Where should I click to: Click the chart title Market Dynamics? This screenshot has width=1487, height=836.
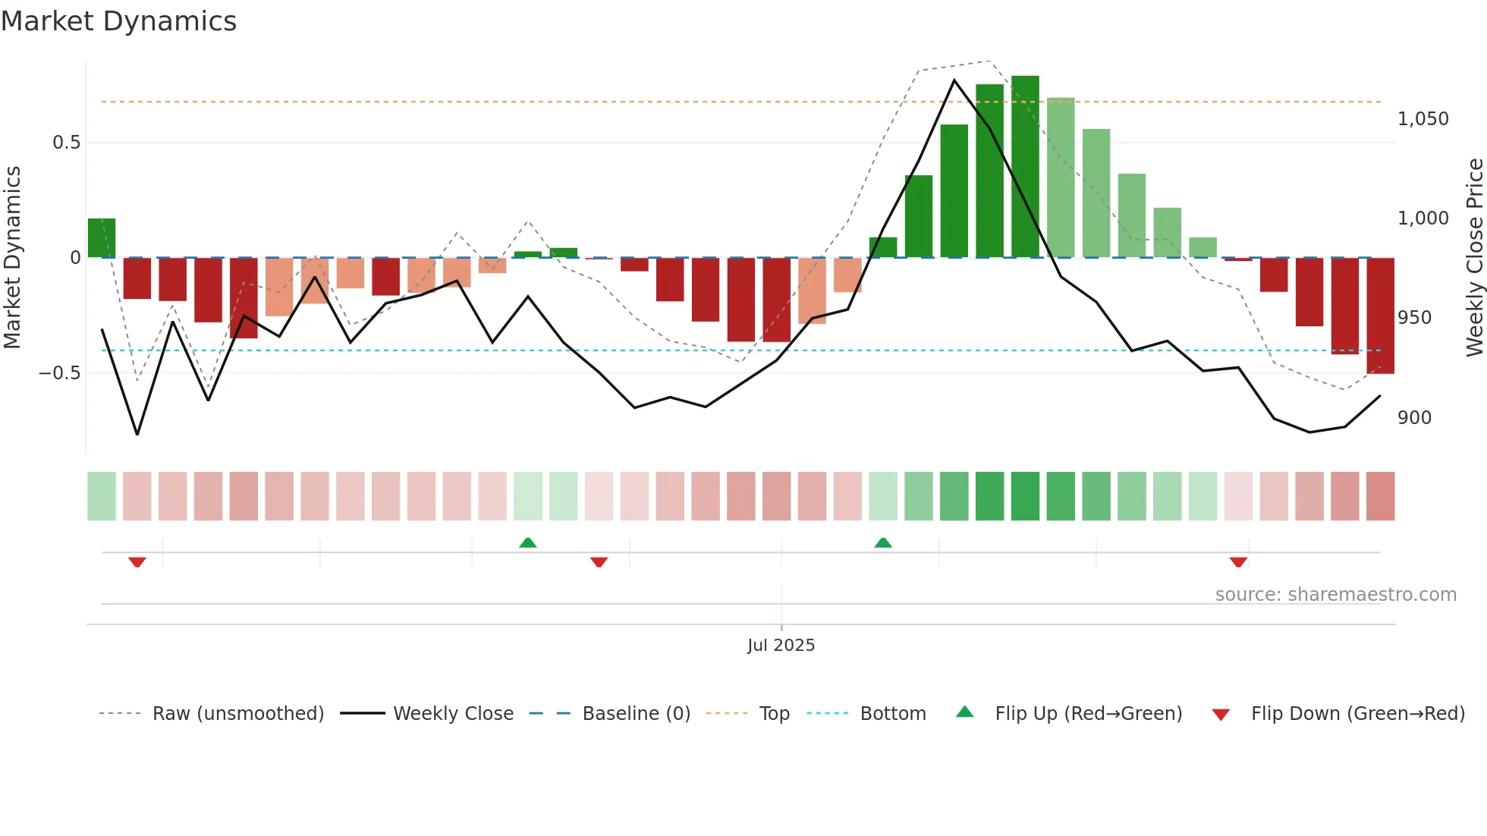pyautogui.click(x=119, y=21)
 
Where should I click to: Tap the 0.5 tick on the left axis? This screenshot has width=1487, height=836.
pyautogui.click(x=66, y=143)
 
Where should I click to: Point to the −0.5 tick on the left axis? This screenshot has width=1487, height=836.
pyautogui.click(x=60, y=373)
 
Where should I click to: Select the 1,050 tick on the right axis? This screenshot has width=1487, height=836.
pyautogui.click(x=1423, y=119)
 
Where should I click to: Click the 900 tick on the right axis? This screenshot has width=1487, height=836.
pyautogui.click(x=1414, y=418)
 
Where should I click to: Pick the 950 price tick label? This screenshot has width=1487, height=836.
pyautogui.click(x=1414, y=318)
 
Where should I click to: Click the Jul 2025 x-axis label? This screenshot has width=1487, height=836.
pyautogui.click(x=781, y=646)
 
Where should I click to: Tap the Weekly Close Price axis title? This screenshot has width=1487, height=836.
pyautogui.click(x=1474, y=258)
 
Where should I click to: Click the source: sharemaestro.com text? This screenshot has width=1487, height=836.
pyautogui.click(x=1335, y=595)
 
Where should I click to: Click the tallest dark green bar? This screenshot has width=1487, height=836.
pyautogui.click(x=1025, y=167)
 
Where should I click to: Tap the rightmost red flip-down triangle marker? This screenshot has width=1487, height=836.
pyautogui.click(x=1238, y=562)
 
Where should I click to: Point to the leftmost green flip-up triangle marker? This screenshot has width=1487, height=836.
pyautogui.click(x=528, y=542)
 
